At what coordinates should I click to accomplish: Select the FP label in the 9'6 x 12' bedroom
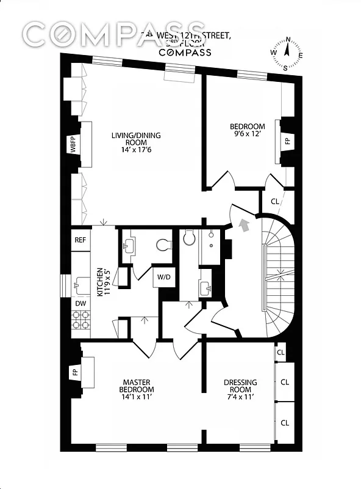pyautogui.click(x=287, y=141)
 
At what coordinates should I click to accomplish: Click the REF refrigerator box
pyautogui.click(x=80, y=240)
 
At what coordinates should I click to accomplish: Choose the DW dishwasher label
pyautogui.click(x=80, y=303)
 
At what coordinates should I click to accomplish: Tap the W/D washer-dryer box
pyautogui.click(x=165, y=277)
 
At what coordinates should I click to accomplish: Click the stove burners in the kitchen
pyautogui.click(x=80, y=320)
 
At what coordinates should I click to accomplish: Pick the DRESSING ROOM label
pyautogui.click(x=240, y=386)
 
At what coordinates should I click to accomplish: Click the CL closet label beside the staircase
pyautogui.click(x=274, y=200)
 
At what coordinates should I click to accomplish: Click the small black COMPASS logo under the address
pyautogui.click(x=185, y=53)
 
